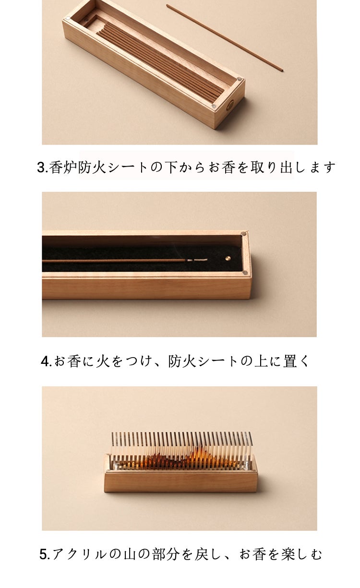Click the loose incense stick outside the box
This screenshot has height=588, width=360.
pyautogui.click(x=225, y=37)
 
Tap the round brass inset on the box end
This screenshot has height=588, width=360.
pyautogui.click(x=231, y=105)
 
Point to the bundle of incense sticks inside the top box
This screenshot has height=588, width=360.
pyautogui.click(x=160, y=62)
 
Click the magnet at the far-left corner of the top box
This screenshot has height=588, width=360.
pyautogui.click(x=68, y=18)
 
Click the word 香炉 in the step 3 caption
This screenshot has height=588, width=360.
pyautogui.click(x=63, y=167)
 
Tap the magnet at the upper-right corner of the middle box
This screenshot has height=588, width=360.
pyautogui.click(x=244, y=233)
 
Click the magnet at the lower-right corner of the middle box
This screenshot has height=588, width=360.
pyautogui.click(x=245, y=273)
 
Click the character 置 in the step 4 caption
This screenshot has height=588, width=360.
pyautogui.click(x=290, y=361)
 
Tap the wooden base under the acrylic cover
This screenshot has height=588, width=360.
pyautogui.click(x=180, y=482)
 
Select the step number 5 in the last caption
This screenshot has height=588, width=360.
pyautogui.click(x=44, y=555)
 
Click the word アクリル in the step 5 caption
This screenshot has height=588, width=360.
pyautogui.click(x=79, y=554)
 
